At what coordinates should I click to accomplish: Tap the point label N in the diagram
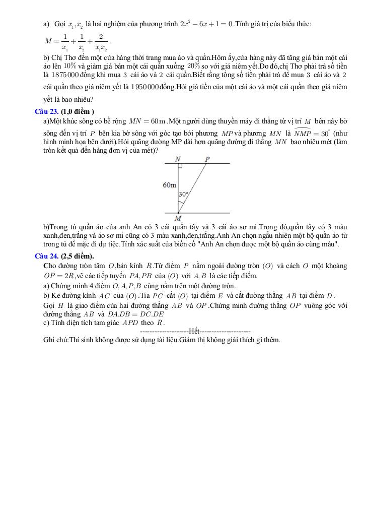point(178,159)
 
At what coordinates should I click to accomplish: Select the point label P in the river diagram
point(207,159)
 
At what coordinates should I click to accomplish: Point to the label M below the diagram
point(178,218)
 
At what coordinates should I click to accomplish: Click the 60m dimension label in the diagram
point(170,185)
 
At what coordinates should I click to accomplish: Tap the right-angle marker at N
point(180,166)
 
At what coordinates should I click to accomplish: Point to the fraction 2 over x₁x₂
point(101,42)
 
